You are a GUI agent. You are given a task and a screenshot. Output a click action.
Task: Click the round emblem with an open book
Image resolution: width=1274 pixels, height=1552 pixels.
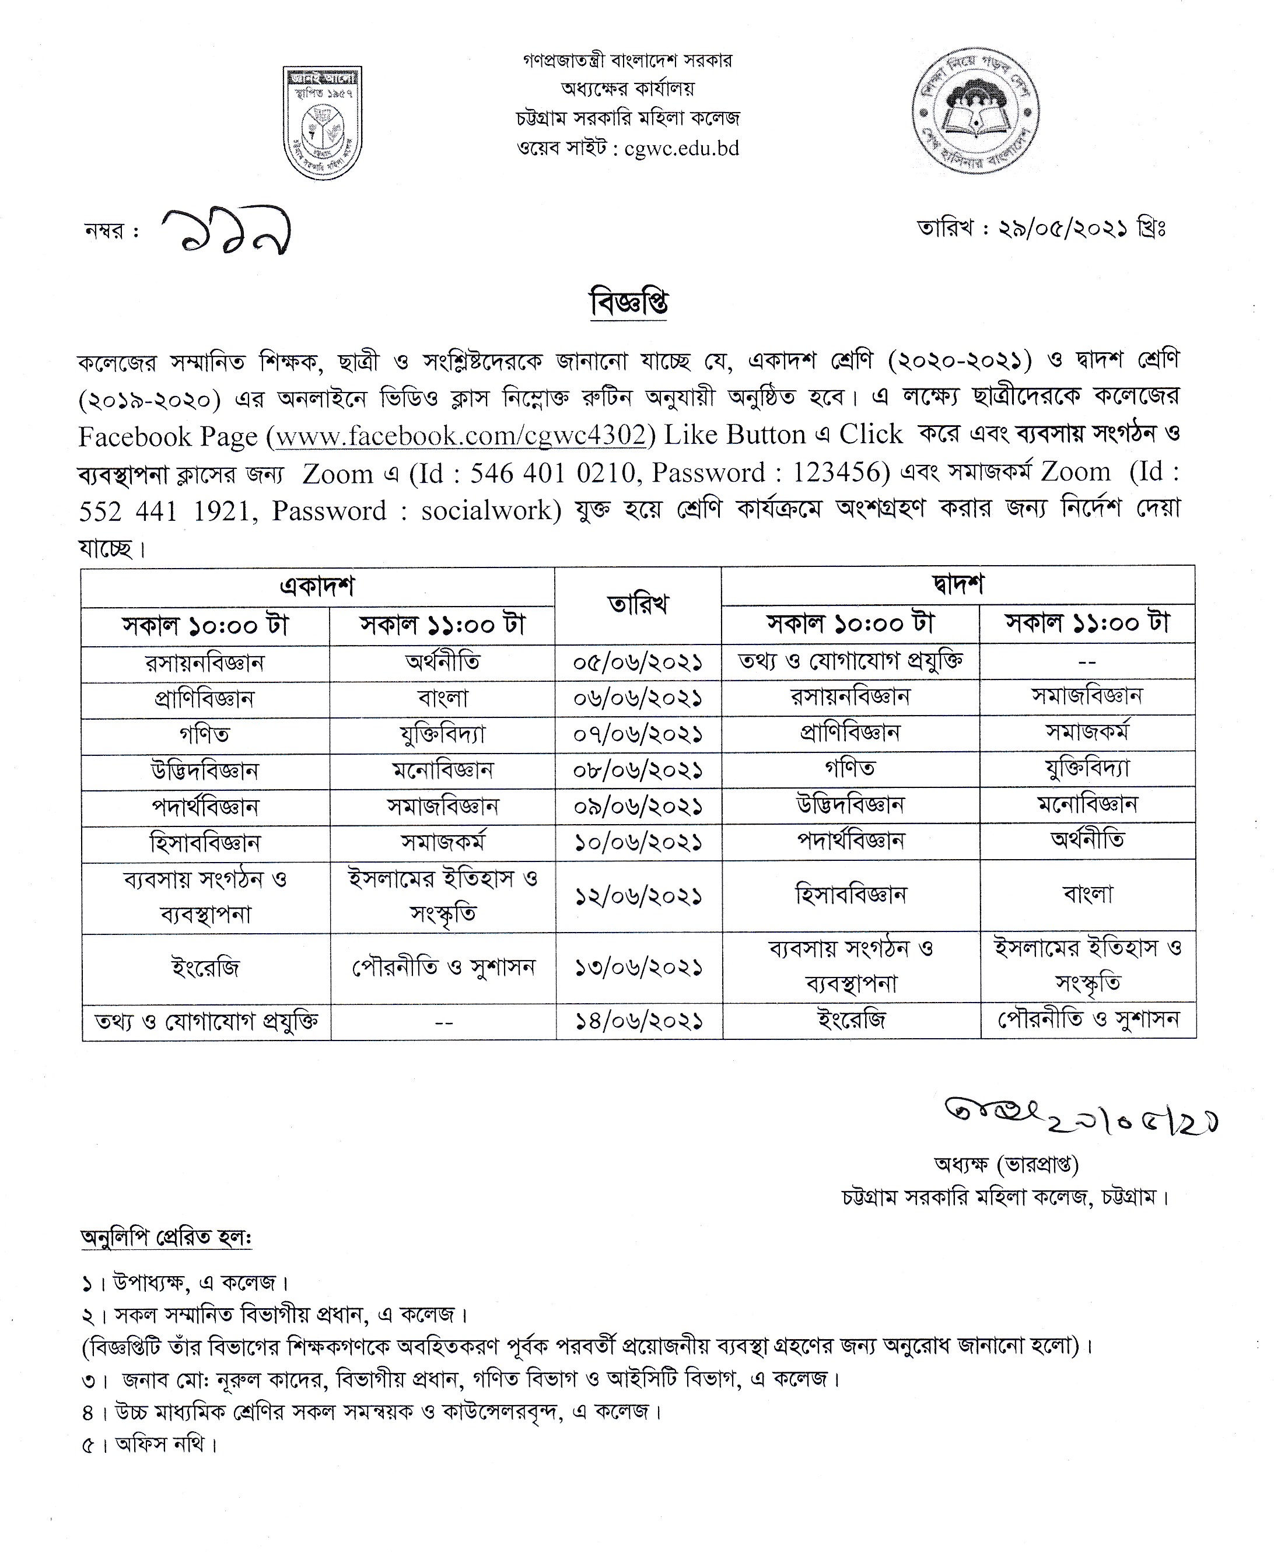pyautogui.click(x=975, y=111)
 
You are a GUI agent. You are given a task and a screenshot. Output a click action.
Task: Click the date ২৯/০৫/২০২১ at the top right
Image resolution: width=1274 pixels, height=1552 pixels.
pyautogui.click(x=1063, y=229)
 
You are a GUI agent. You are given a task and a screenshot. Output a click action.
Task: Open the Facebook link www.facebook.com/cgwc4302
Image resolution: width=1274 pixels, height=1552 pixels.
pyautogui.click(x=460, y=436)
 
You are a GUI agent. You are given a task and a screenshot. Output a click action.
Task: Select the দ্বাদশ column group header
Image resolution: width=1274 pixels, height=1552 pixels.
pyautogui.click(x=958, y=585)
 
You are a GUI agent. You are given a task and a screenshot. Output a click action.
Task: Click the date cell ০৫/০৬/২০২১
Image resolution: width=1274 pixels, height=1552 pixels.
pyautogui.click(x=638, y=663)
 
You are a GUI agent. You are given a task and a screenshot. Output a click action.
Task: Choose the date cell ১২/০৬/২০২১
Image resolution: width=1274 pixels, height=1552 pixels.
pyautogui.click(x=638, y=896)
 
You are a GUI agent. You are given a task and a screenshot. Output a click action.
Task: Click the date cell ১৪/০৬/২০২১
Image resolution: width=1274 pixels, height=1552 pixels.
pyautogui.click(x=638, y=1021)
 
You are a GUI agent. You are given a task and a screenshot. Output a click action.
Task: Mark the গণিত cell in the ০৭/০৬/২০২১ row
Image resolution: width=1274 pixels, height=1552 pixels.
pyautogui.click(x=205, y=734)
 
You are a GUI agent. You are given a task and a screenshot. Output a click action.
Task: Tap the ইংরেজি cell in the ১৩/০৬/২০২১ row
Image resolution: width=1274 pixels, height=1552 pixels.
pyautogui.click(x=205, y=968)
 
